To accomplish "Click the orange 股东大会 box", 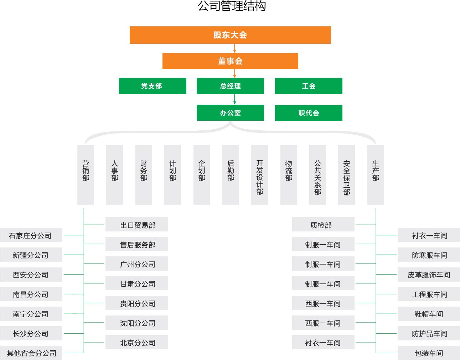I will (230, 35).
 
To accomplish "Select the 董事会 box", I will (230, 61).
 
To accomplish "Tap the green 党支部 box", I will (153, 86).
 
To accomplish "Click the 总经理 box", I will (230, 86).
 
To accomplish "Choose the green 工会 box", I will (309, 86).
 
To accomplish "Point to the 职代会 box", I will (309, 113).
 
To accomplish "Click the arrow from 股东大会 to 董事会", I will (234, 48).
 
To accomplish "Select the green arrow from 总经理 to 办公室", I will (234, 99).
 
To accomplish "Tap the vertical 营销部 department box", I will (86, 174).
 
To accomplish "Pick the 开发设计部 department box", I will (259, 174).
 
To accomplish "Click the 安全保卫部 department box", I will (346, 174).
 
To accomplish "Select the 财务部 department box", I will (144, 174).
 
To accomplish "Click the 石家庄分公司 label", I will (31, 235).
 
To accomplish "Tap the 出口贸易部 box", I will (136, 225).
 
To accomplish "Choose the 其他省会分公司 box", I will (31, 353).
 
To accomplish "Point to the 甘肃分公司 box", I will (136, 284).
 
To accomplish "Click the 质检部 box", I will (323, 225).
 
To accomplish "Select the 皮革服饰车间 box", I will (429, 275).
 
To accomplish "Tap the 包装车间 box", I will (429, 353).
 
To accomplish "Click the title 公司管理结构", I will (232, 6).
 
